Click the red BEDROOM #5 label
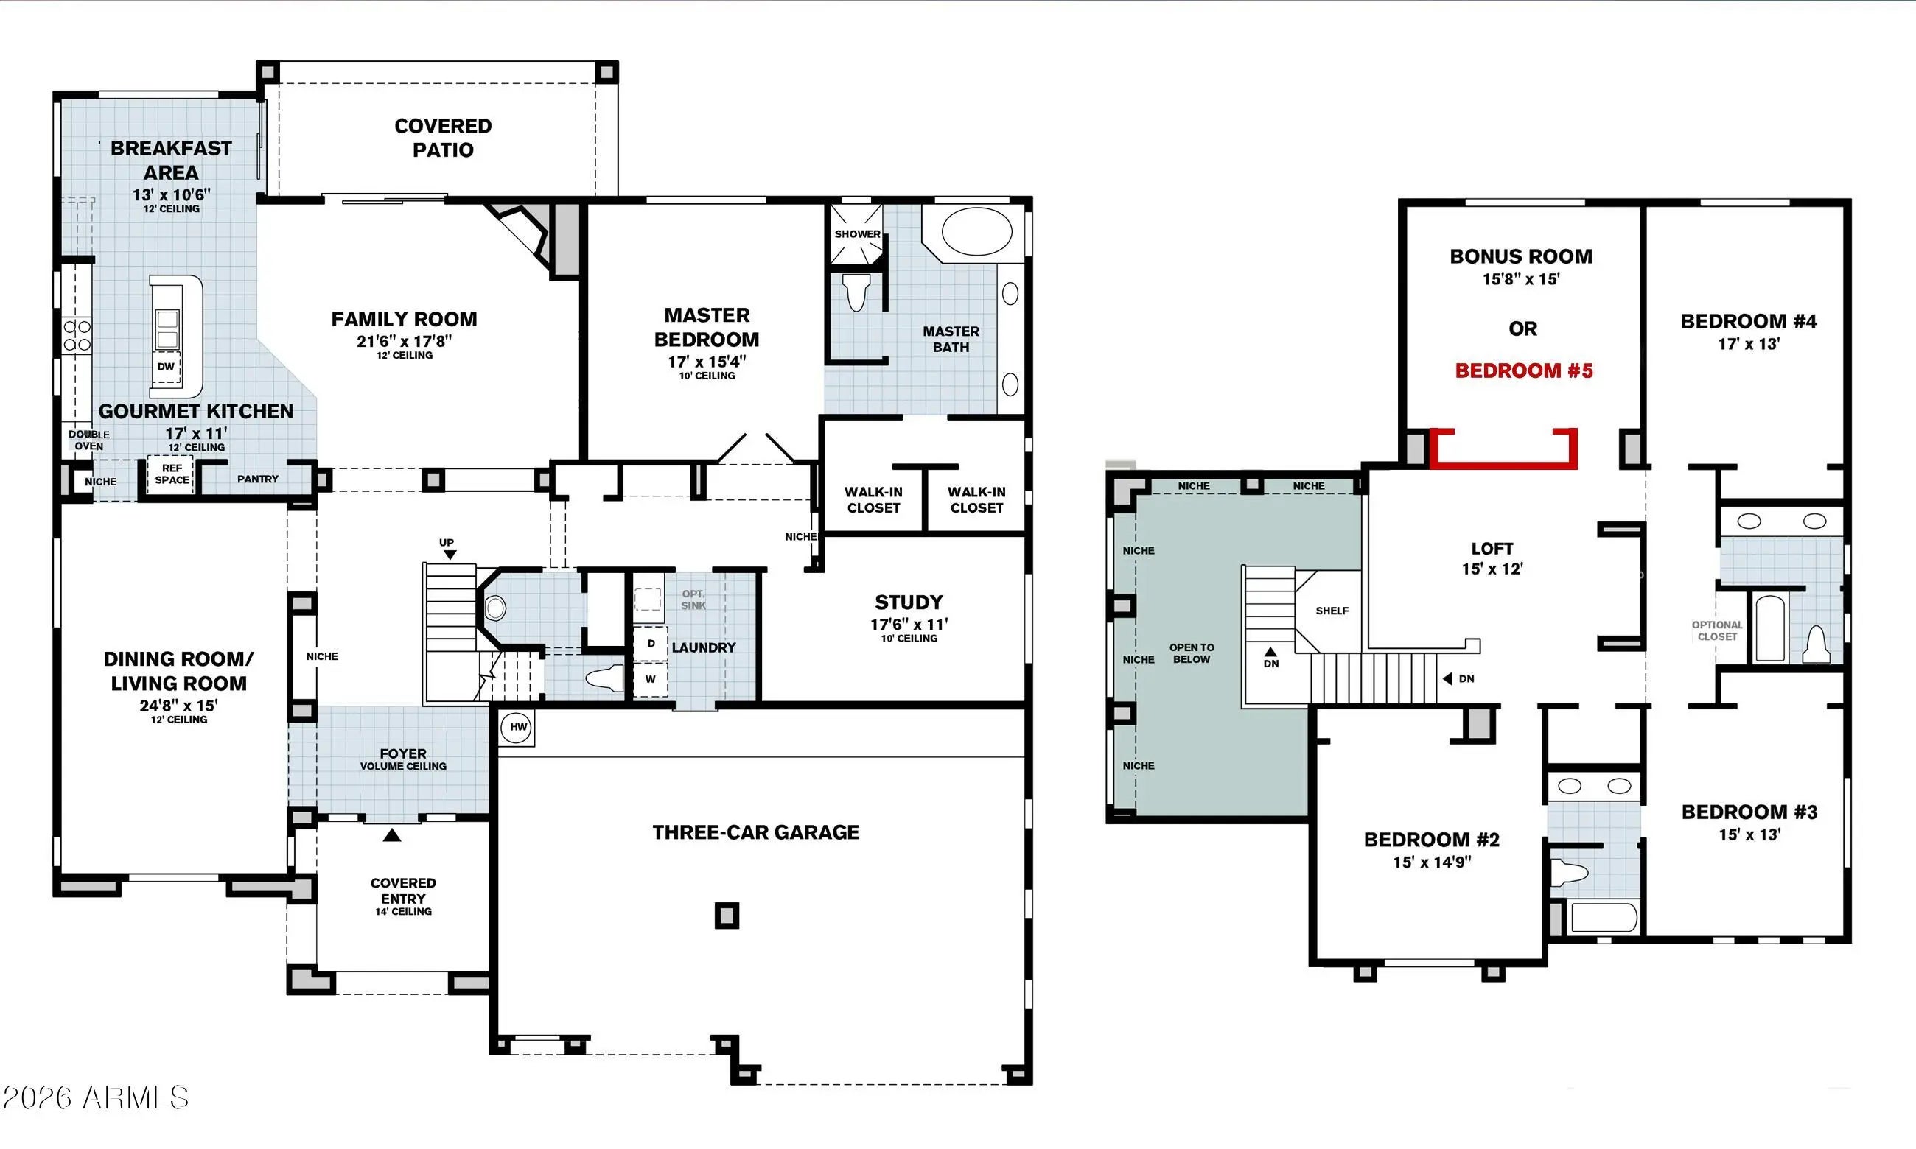tap(1523, 371)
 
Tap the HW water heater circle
tap(517, 728)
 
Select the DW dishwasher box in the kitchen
tap(166, 367)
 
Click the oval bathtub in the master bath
tap(976, 231)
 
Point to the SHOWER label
tap(856, 233)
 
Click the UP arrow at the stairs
tap(450, 555)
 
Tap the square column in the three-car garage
tap(727, 916)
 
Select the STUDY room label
tap(909, 602)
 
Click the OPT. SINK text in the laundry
tap(693, 600)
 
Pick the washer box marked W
tap(651, 679)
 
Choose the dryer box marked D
tap(651, 644)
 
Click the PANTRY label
tap(257, 479)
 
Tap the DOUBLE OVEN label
tap(89, 440)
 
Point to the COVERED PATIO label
tap(443, 138)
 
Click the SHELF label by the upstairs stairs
tap(1332, 611)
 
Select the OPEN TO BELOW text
tap(1191, 653)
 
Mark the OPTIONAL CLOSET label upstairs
tap(1717, 631)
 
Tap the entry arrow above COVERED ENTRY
tap(392, 835)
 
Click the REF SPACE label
tap(172, 474)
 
